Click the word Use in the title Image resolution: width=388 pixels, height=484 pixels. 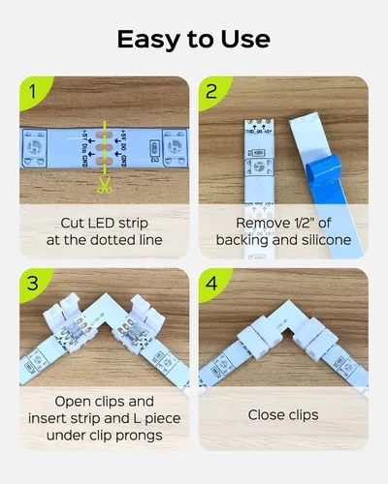point(242,39)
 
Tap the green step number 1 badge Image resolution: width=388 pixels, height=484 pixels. point(31,95)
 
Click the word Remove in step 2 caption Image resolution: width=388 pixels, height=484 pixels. point(252,222)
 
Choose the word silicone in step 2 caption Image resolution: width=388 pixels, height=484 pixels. point(321,239)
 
